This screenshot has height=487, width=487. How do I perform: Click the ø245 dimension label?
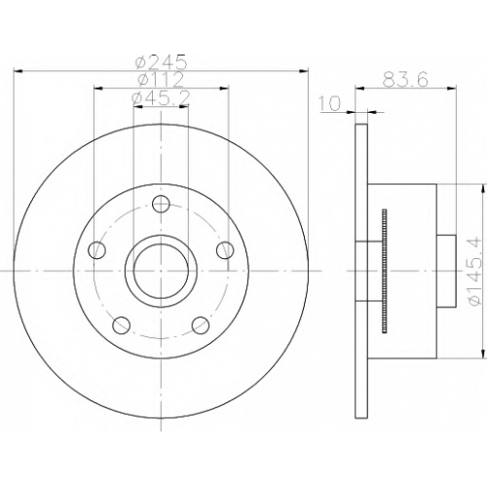pyautogui.click(x=162, y=61)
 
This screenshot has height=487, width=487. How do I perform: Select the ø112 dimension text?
pyautogui.click(x=161, y=80)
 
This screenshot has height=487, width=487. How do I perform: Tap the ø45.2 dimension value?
pyautogui.click(x=161, y=98)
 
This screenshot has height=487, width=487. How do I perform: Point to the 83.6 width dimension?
pyautogui.click(x=405, y=79)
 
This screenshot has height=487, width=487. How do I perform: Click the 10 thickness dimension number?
pyautogui.click(x=330, y=103)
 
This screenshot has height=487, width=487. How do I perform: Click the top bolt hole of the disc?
pyautogui.click(x=161, y=204)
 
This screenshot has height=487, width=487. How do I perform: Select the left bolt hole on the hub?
pyautogui.click(x=97, y=250)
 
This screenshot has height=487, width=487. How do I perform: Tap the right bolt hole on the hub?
pyautogui.click(x=225, y=250)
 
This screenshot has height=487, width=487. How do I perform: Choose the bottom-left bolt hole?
pyautogui.click(x=122, y=325)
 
